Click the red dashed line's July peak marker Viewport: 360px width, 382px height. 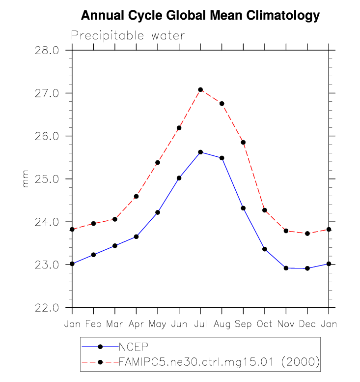click(200, 89)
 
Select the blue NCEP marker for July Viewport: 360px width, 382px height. click(200, 152)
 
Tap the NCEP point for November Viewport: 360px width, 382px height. click(286, 268)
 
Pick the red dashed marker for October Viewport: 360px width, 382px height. click(265, 210)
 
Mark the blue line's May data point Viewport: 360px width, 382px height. click(158, 212)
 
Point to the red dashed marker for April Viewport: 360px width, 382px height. click(136, 197)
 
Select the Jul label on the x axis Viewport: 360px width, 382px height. click(200, 325)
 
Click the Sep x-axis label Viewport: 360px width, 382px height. click(243, 325)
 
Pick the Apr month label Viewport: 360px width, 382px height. click(136, 325)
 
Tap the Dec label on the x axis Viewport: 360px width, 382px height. click(307, 325)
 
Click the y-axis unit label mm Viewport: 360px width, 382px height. click(26, 179)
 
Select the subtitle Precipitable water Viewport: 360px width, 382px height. click(128, 36)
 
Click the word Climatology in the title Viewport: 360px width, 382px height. click(283, 16)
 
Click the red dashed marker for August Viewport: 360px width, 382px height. click(222, 104)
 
